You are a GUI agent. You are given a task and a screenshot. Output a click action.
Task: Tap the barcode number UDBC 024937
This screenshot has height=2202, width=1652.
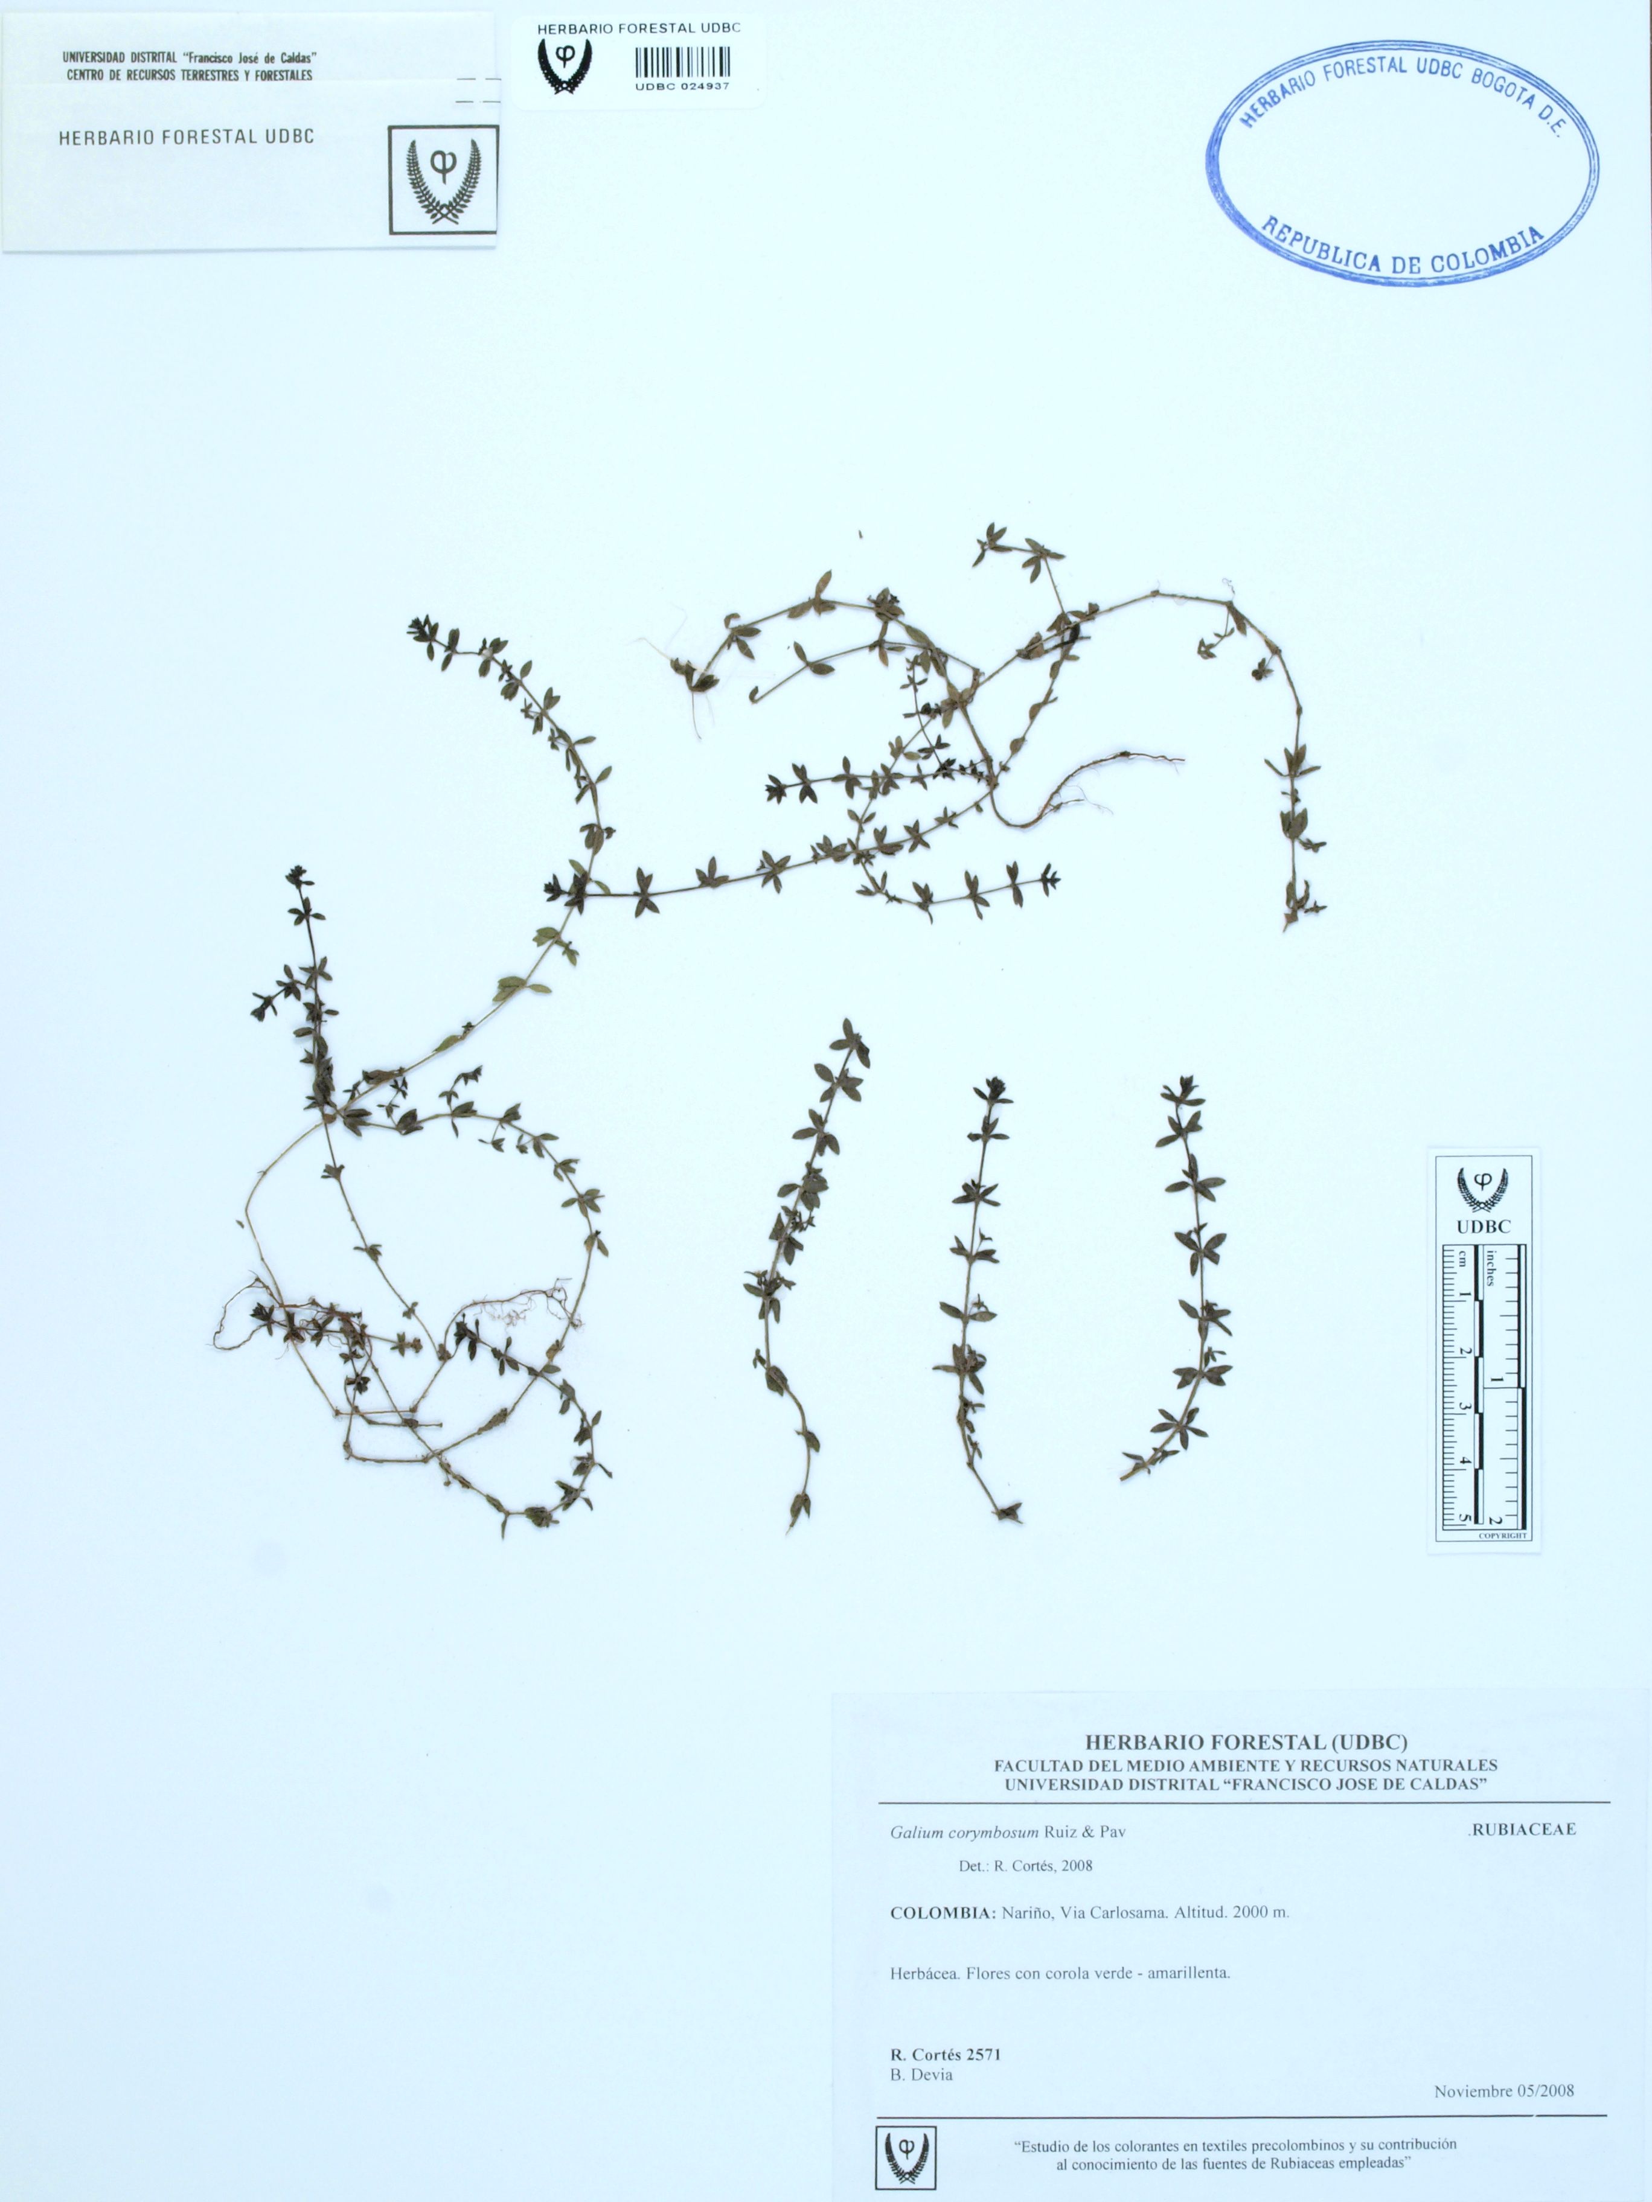tap(682, 86)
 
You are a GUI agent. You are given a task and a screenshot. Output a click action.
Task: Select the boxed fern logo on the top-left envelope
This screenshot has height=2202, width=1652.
tap(443, 180)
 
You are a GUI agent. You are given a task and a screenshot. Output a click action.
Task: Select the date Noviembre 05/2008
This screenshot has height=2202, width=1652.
tap(1503, 2092)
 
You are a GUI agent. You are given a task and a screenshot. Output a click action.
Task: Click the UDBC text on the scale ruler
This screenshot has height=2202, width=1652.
tap(1483, 1227)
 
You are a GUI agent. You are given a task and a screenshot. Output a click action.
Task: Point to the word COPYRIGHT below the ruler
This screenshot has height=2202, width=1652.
tap(1503, 1536)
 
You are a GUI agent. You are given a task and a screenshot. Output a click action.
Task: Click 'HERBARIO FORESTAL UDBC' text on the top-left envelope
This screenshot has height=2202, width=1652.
tap(186, 138)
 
